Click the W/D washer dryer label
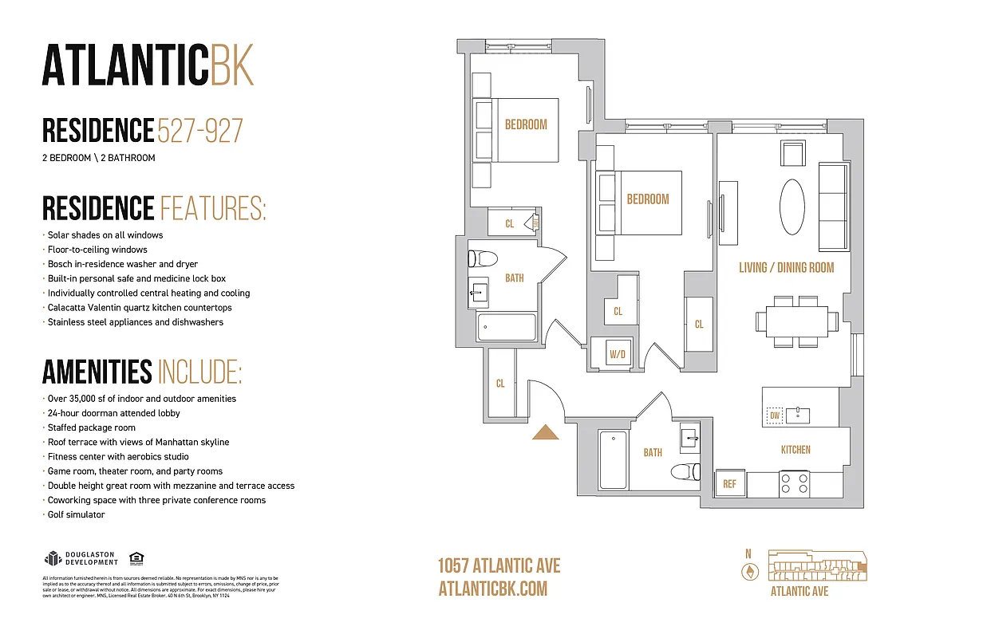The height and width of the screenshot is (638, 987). click(616, 353)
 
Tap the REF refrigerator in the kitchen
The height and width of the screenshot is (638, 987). click(729, 483)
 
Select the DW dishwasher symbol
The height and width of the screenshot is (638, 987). click(774, 415)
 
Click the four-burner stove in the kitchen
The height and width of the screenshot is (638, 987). click(795, 484)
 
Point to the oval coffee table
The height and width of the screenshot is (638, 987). click(792, 207)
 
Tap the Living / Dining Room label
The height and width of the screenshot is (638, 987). click(786, 268)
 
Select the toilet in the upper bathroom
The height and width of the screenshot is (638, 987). click(483, 259)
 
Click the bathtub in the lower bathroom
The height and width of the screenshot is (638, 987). click(613, 460)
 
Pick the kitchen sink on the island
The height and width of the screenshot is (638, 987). click(797, 415)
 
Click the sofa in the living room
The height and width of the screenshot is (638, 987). click(834, 206)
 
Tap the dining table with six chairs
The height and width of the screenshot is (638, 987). click(796, 321)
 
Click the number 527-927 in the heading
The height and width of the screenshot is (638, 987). click(200, 131)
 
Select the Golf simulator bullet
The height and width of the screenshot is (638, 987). click(76, 515)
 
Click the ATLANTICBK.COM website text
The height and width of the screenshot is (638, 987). click(493, 589)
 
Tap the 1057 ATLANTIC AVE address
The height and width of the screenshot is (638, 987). click(499, 566)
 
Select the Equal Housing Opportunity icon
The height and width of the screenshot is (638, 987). click(136, 558)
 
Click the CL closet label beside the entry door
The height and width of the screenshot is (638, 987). click(500, 384)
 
